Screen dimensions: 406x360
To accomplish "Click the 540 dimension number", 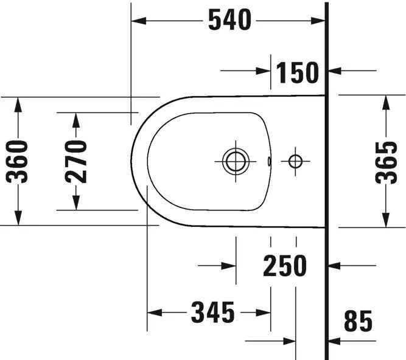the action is coord(229,19).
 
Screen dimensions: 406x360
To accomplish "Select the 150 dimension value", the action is coord(297,72).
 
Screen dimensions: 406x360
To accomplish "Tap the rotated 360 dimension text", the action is coord(16,162).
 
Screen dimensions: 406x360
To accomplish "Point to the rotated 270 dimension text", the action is coord(76,162).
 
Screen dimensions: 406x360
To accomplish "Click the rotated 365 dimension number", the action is coord(386,162).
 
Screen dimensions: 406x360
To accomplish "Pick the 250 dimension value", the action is coord(285,266).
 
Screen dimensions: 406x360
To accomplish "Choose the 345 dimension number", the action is coord(213,313).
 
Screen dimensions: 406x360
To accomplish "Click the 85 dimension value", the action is coord(358,321).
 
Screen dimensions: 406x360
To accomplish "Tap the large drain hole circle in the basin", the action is coord(236,161).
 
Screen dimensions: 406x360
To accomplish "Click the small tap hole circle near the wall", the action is coord(295,161).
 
